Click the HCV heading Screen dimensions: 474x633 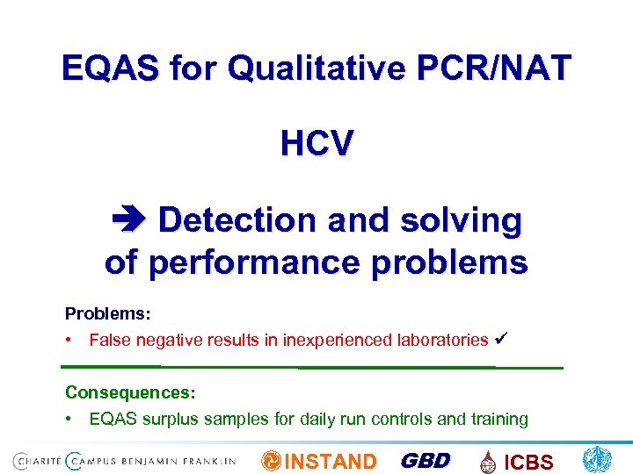(x=316, y=142)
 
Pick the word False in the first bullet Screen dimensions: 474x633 (x=109, y=340)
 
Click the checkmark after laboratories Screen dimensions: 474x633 (x=503, y=339)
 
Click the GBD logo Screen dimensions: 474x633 (x=426, y=461)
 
